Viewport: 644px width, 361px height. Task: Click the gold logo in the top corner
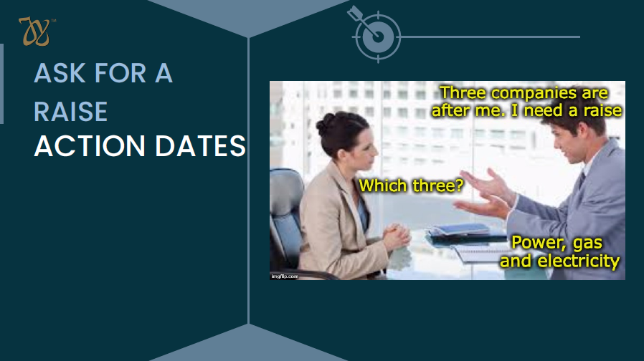pyautogui.click(x=34, y=32)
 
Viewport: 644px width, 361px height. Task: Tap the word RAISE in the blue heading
pyautogui.click(x=71, y=112)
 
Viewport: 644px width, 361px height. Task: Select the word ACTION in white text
pyautogui.click(x=90, y=146)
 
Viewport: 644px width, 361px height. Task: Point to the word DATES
pyautogui.click(x=200, y=146)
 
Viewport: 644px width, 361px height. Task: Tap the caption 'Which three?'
pyautogui.click(x=411, y=186)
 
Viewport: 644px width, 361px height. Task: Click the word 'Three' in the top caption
pyautogui.click(x=463, y=92)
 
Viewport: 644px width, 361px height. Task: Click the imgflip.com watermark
pyautogui.click(x=285, y=276)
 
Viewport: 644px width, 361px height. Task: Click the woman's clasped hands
pyautogui.click(x=397, y=236)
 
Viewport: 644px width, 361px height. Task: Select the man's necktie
pyautogui.click(x=581, y=180)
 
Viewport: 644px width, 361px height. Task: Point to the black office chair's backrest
pyautogui.click(x=286, y=213)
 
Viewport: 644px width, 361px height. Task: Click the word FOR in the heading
pyautogui.click(x=120, y=73)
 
